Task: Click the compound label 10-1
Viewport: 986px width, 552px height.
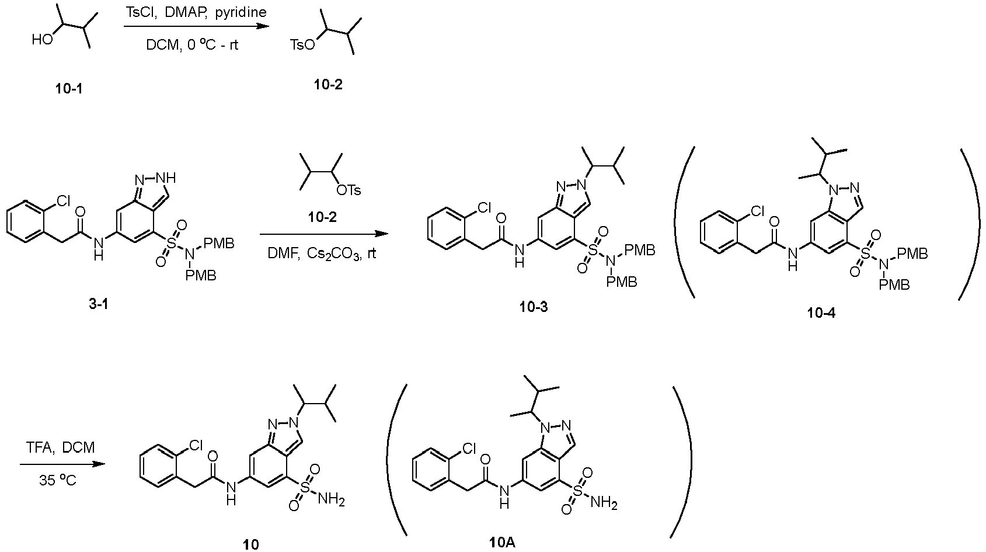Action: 69,89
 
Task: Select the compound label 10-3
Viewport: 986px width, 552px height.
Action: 534,307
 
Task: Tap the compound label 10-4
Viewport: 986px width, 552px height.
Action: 821,313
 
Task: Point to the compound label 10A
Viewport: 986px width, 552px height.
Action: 502,543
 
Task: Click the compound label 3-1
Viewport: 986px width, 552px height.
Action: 99,304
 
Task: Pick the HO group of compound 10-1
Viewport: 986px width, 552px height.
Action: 43,40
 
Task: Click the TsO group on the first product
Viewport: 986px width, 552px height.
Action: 302,44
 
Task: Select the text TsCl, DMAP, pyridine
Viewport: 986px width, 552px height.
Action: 196,12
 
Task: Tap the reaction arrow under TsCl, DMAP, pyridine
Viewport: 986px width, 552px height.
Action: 196,26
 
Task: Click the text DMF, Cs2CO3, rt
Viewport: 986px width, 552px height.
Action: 322,254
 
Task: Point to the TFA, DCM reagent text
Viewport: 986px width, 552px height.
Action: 60,447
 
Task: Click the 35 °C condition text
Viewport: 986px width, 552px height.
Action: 58,480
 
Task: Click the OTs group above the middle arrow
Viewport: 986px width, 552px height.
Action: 349,190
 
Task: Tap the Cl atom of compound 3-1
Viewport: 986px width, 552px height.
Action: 63,202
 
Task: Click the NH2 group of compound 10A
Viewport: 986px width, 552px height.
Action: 604,503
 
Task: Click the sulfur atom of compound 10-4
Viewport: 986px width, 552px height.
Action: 865,254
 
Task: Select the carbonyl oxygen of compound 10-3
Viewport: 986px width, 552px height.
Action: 501,218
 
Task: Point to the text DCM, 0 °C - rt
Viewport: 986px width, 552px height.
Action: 192,45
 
